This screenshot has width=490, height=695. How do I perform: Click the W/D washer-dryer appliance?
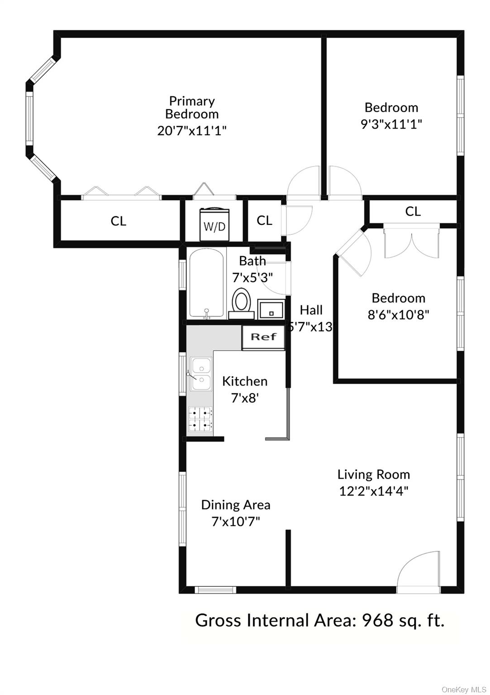(214, 224)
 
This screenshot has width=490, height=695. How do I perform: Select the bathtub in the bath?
(206, 284)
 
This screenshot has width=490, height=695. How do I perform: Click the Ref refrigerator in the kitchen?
(263, 338)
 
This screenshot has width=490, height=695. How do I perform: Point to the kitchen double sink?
(201, 374)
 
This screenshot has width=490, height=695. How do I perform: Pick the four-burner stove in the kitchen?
(201, 419)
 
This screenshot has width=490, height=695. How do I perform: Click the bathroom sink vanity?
(271, 309)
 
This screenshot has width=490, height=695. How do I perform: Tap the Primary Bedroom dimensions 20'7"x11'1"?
(192, 131)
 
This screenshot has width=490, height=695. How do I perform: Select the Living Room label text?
(374, 474)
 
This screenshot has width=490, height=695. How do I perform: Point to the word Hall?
(311, 310)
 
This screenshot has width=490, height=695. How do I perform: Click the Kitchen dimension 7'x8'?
(245, 398)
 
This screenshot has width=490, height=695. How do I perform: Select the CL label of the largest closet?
(118, 221)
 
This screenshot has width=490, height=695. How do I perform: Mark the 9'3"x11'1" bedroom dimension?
(391, 124)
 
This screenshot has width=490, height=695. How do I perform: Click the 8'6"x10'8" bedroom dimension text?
(399, 315)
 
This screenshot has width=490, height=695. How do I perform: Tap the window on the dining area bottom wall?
(215, 590)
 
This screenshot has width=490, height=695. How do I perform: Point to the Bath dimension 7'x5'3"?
(252, 277)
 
